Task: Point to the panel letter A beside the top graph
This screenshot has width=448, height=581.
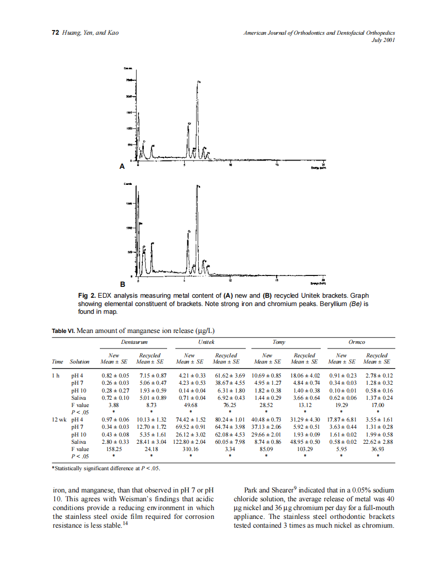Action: point(122,167)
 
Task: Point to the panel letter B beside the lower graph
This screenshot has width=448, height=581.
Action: point(123,284)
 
